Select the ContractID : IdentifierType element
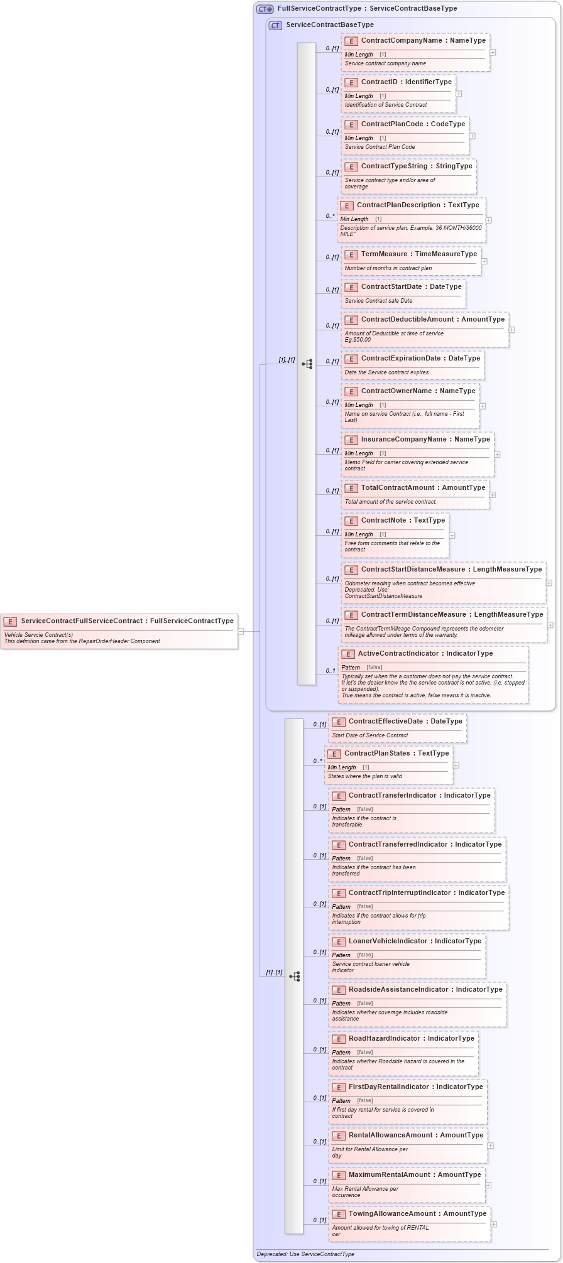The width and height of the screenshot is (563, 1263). click(x=406, y=82)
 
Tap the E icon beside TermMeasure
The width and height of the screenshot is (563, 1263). click(x=351, y=255)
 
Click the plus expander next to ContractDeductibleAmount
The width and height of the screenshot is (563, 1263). click(x=511, y=330)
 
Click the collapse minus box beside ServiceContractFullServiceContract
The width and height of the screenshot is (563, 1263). click(x=241, y=631)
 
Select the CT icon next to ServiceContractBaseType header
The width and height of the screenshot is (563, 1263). click(x=275, y=25)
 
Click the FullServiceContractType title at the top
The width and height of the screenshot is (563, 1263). click(x=367, y=9)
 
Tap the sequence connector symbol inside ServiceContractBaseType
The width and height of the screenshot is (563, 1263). click(x=307, y=364)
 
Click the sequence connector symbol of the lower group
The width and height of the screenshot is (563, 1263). click(x=294, y=976)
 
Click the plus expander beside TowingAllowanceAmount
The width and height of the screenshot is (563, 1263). click(x=493, y=1223)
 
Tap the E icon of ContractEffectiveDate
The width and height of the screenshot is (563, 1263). click(x=339, y=722)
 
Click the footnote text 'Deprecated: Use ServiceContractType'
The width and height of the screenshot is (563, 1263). click(x=305, y=1254)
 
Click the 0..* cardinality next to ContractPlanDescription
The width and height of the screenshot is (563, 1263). click(x=330, y=216)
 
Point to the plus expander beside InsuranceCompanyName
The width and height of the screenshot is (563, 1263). click(x=496, y=454)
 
